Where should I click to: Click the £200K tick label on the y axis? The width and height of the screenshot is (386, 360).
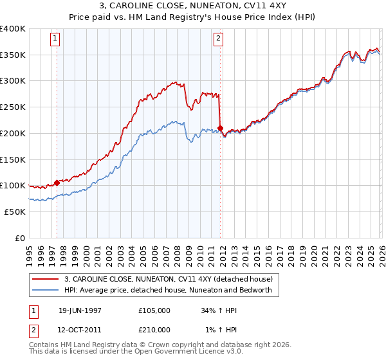pyautogui.click(x=13, y=133)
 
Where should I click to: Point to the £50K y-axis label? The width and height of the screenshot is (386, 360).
pyautogui.click(x=15, y=212)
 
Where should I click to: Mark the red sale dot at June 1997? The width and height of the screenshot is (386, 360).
pyautogui.click(x=57, y=183)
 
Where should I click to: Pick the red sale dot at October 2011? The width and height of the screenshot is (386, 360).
pyautogui.click(x=220, y=128)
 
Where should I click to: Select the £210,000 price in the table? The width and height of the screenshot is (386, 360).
pyautogui.click(x=154, y=330)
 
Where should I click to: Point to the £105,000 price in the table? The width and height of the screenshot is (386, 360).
pyautogui.click(x=154, y=310)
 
